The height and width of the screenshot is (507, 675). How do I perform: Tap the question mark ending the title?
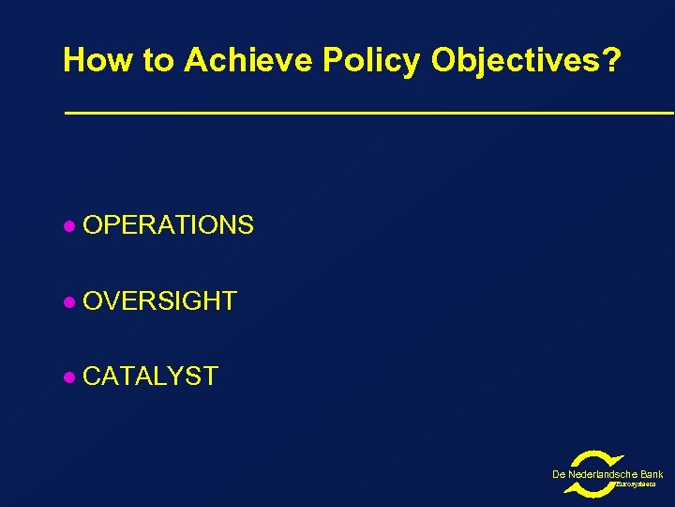611,61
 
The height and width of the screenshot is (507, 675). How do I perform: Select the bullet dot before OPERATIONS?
67,226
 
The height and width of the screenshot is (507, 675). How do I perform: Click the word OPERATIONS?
168,225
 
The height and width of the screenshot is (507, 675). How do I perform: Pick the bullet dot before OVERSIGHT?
67,302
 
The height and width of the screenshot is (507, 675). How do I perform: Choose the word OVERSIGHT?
159,301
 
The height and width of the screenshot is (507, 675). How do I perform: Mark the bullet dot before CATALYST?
67,377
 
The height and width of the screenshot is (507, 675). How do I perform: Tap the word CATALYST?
150,376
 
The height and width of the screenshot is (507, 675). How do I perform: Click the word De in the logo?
559,475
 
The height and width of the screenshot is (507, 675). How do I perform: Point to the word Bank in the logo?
652,475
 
